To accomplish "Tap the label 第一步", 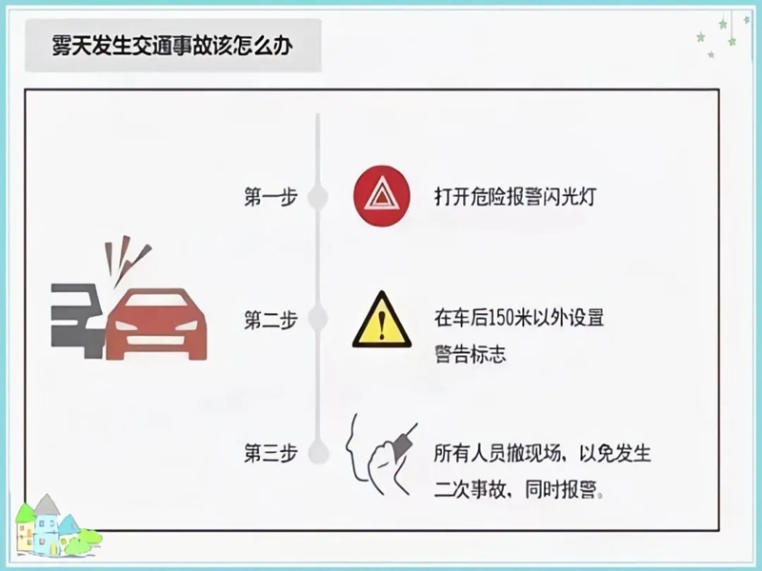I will point(271,198).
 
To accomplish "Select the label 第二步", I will point(271,319).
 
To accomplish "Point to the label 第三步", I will point(271,453).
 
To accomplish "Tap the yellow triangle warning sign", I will point(381,322).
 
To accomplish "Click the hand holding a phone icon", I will point(381,455).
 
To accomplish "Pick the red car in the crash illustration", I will point(157,324).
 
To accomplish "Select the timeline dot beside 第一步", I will point(318,198).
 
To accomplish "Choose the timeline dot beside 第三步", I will point(318,453).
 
